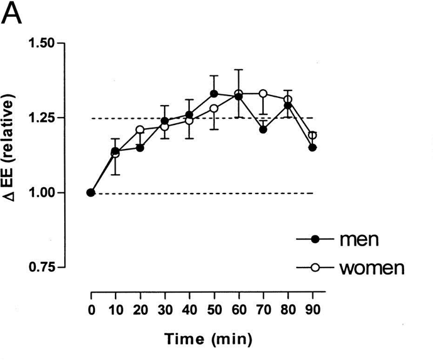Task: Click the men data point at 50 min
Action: click(x=214, y=94)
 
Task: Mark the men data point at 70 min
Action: click(x=263, y=129)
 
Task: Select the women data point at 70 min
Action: click(x=263, y=94)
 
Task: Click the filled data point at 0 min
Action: click(x=91, y=192)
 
